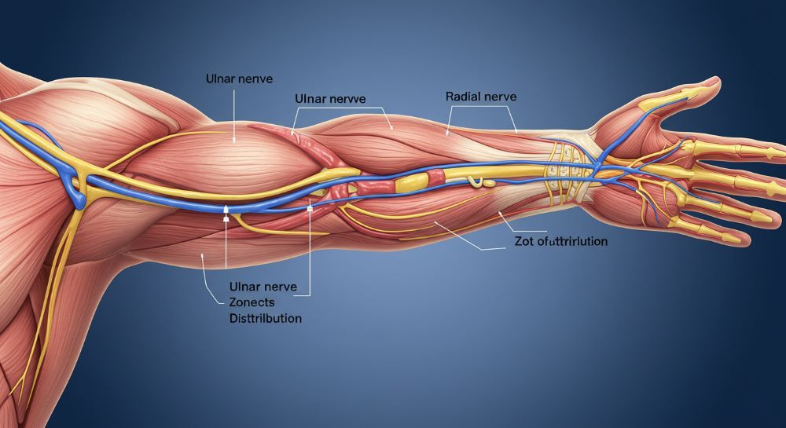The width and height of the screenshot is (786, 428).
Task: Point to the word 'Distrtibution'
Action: point(265,320)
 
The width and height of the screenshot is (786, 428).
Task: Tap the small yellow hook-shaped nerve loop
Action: point(476,182)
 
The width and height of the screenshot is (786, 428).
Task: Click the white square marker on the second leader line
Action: point(310,210)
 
